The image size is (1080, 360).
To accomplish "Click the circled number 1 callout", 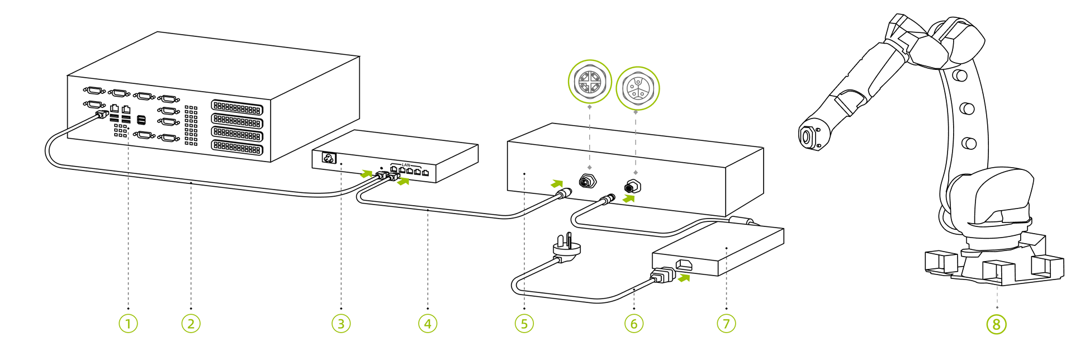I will click(128, 324).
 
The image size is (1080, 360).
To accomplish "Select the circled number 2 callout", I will click(191, 324).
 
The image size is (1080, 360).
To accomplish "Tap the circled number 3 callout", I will click(341, 324).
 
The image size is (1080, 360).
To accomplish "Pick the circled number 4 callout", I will click(428, 324).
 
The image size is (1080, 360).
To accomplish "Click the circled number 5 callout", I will click(524, 324).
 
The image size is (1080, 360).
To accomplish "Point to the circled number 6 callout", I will click(634, 324).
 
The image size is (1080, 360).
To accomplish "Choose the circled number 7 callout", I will click(726, 324).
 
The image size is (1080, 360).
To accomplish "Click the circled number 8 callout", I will click(997, 324).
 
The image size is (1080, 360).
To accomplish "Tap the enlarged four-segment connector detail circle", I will click(590, 82).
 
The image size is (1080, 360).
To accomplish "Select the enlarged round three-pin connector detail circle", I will click(637, 88).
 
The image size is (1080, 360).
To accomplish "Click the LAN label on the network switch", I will click(406, 165).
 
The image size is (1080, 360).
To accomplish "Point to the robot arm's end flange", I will click(807, 136).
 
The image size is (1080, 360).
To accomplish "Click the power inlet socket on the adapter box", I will click(685, 264).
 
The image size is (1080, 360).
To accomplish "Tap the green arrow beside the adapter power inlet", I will click(684, 277).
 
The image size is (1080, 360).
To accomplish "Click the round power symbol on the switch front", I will click(328, 158).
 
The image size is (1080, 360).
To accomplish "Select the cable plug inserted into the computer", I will click(102, 115).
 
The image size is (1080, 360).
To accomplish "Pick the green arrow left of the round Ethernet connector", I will click(557, 183).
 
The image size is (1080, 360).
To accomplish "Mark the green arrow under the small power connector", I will click(629, 198).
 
